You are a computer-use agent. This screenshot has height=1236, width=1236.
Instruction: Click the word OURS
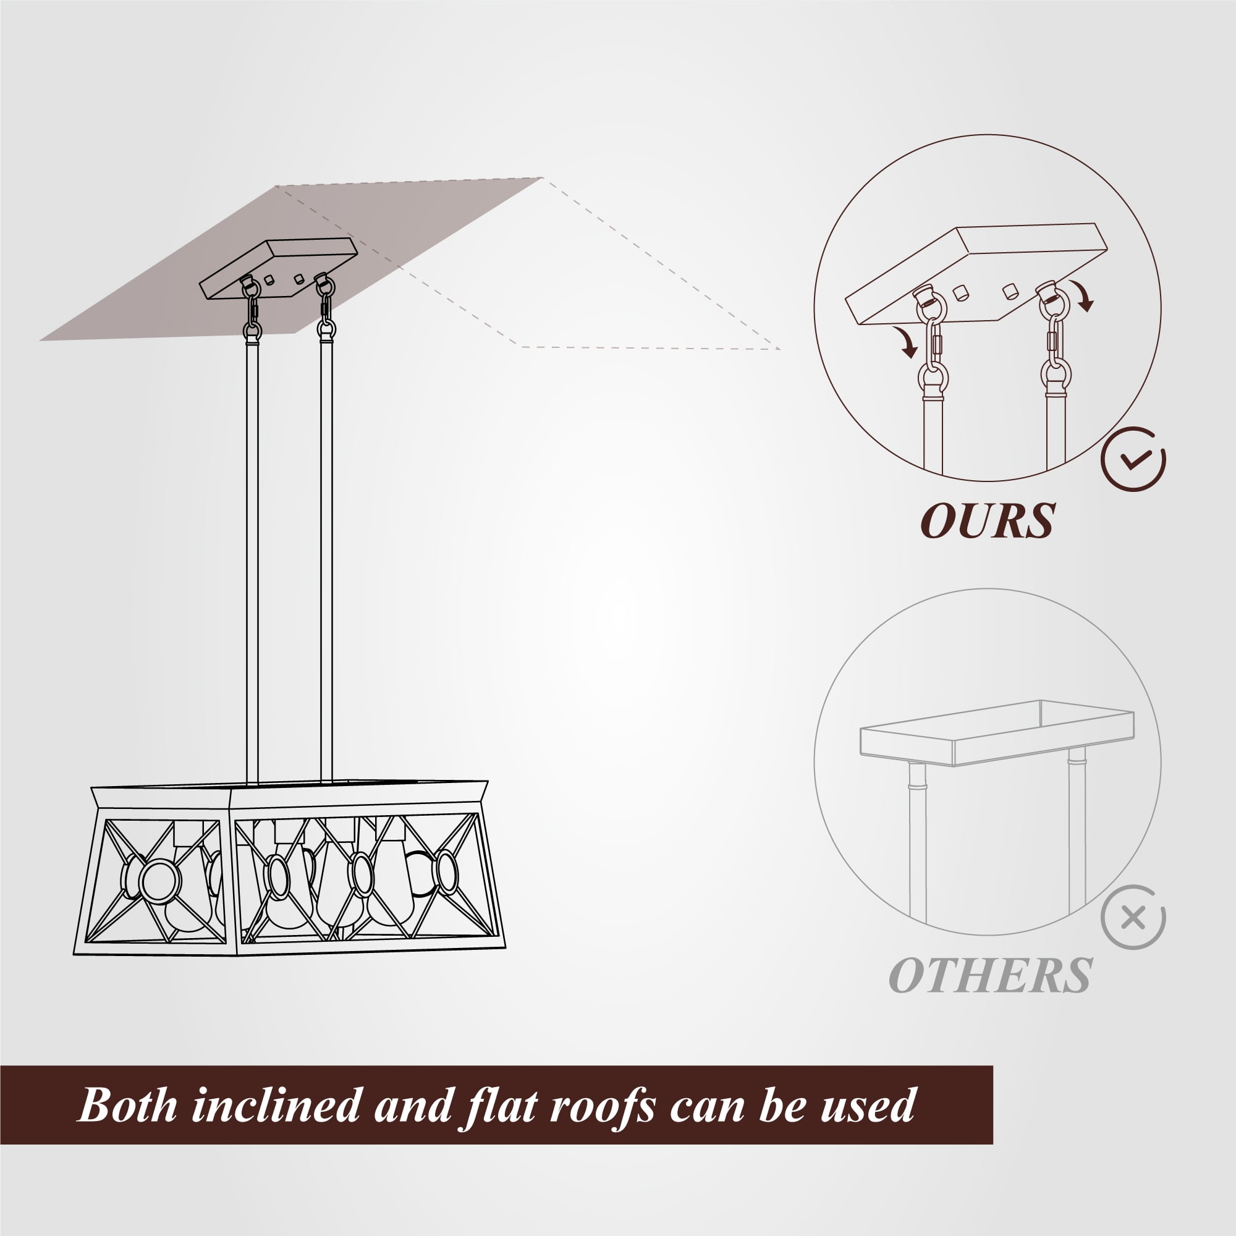[988, 522]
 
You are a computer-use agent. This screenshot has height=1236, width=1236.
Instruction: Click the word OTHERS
[990, 976]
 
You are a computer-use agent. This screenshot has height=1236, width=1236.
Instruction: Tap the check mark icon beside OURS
[1133, 459]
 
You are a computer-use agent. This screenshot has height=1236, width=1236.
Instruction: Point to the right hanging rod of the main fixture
[326, 561]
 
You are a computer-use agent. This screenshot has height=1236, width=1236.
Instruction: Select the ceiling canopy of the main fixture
[278, 269]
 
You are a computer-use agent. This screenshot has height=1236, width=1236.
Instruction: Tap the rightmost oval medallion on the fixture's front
[446, 871]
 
